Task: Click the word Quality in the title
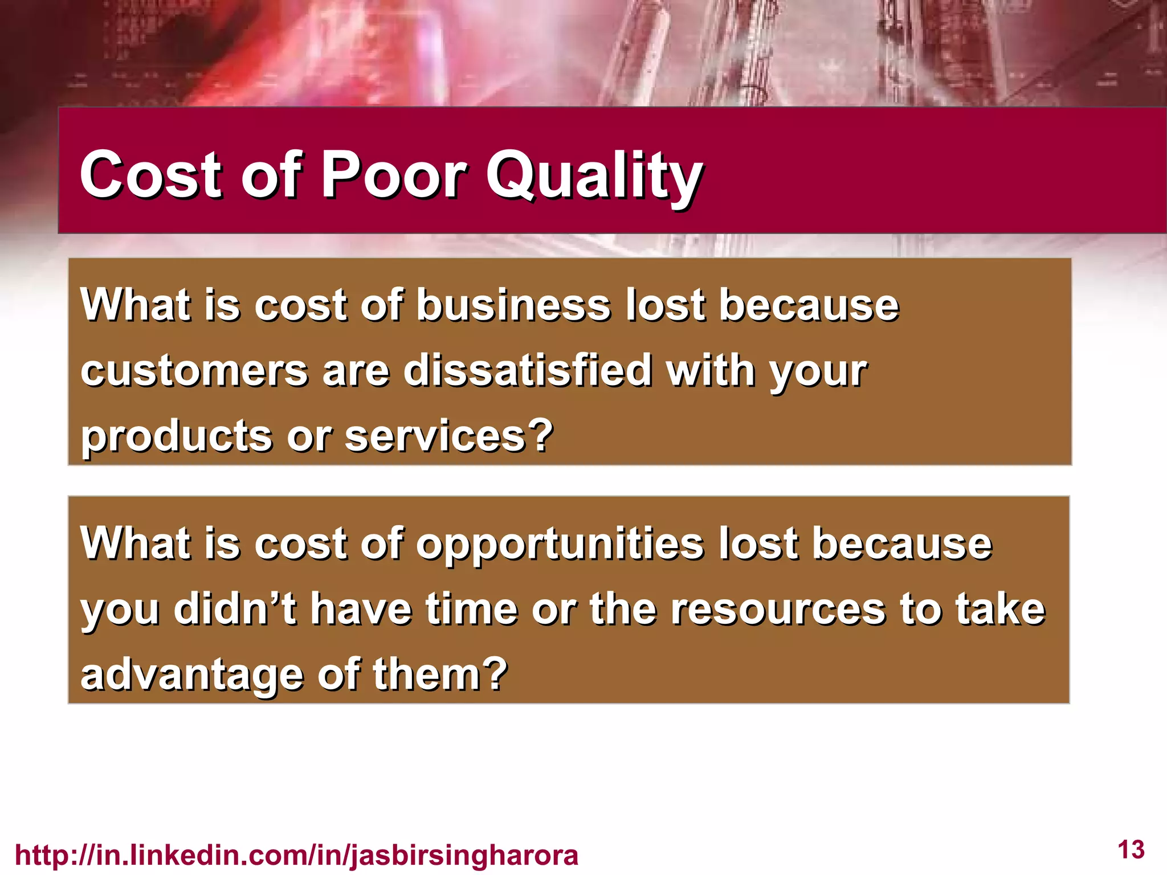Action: pyautogui.click(x=594, y=177)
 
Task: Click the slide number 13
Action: pyautogui.click(x=1131, y=850)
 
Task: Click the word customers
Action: pyautogui.click(x=194, y=371)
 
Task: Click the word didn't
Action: pyautogui.click(x=235, y=610)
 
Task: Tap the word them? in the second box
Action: pyautogui.click(x=440, y=674)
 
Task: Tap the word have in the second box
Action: pyautogui.click(x=361, y=610)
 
